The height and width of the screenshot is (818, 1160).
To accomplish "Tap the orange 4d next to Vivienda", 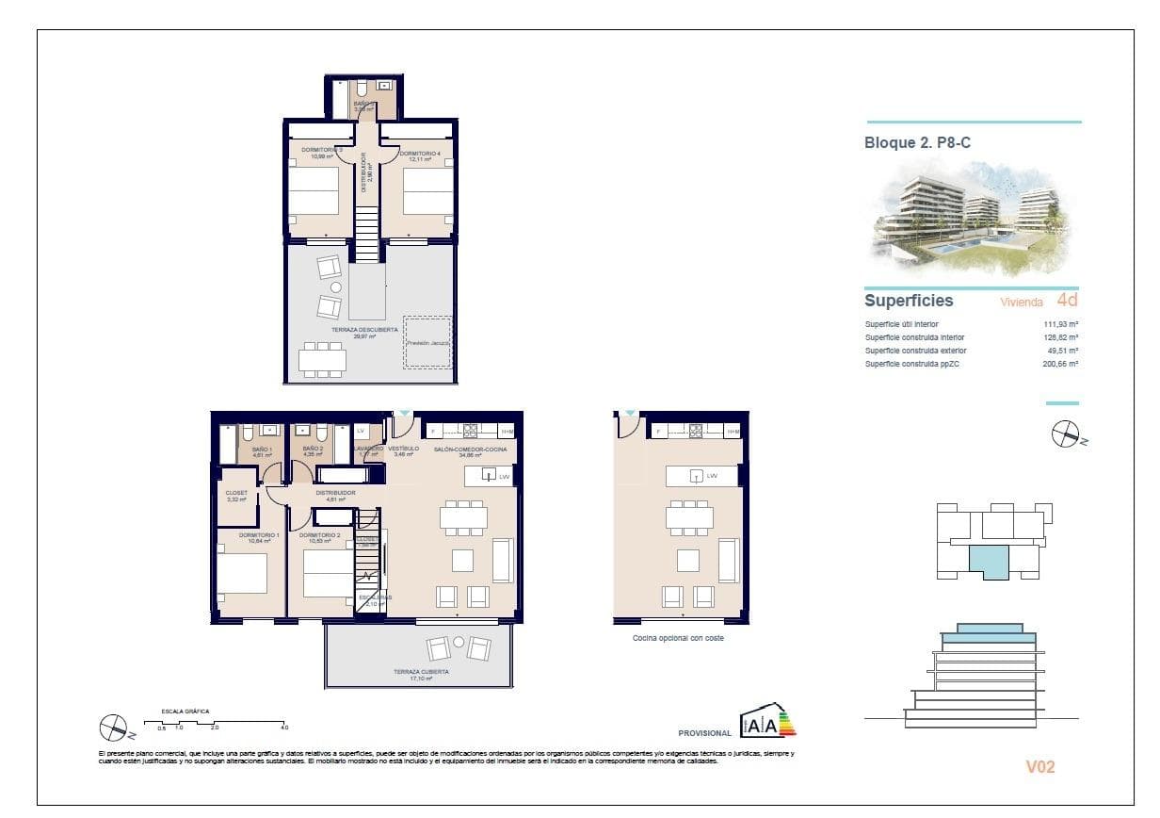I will point(1067,302).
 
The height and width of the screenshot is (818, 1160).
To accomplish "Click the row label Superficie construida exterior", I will point(915,351).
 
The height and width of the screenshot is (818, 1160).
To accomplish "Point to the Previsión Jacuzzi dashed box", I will point(428,343).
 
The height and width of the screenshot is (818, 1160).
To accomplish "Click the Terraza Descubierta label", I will point(357,332).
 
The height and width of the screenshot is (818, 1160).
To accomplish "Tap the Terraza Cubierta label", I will point(421,674).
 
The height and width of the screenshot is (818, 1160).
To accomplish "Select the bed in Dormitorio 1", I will point(242,573).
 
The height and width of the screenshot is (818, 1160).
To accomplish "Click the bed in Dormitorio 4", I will point(428,190).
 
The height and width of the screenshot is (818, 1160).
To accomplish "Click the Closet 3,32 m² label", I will point(236,496).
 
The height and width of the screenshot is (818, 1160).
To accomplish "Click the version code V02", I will point(1039,767).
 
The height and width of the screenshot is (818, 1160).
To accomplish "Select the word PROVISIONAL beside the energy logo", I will point(704,733).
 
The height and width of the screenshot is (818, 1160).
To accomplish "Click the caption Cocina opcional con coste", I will point(678,638).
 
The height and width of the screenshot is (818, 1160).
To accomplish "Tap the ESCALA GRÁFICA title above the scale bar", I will point(185,711).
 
